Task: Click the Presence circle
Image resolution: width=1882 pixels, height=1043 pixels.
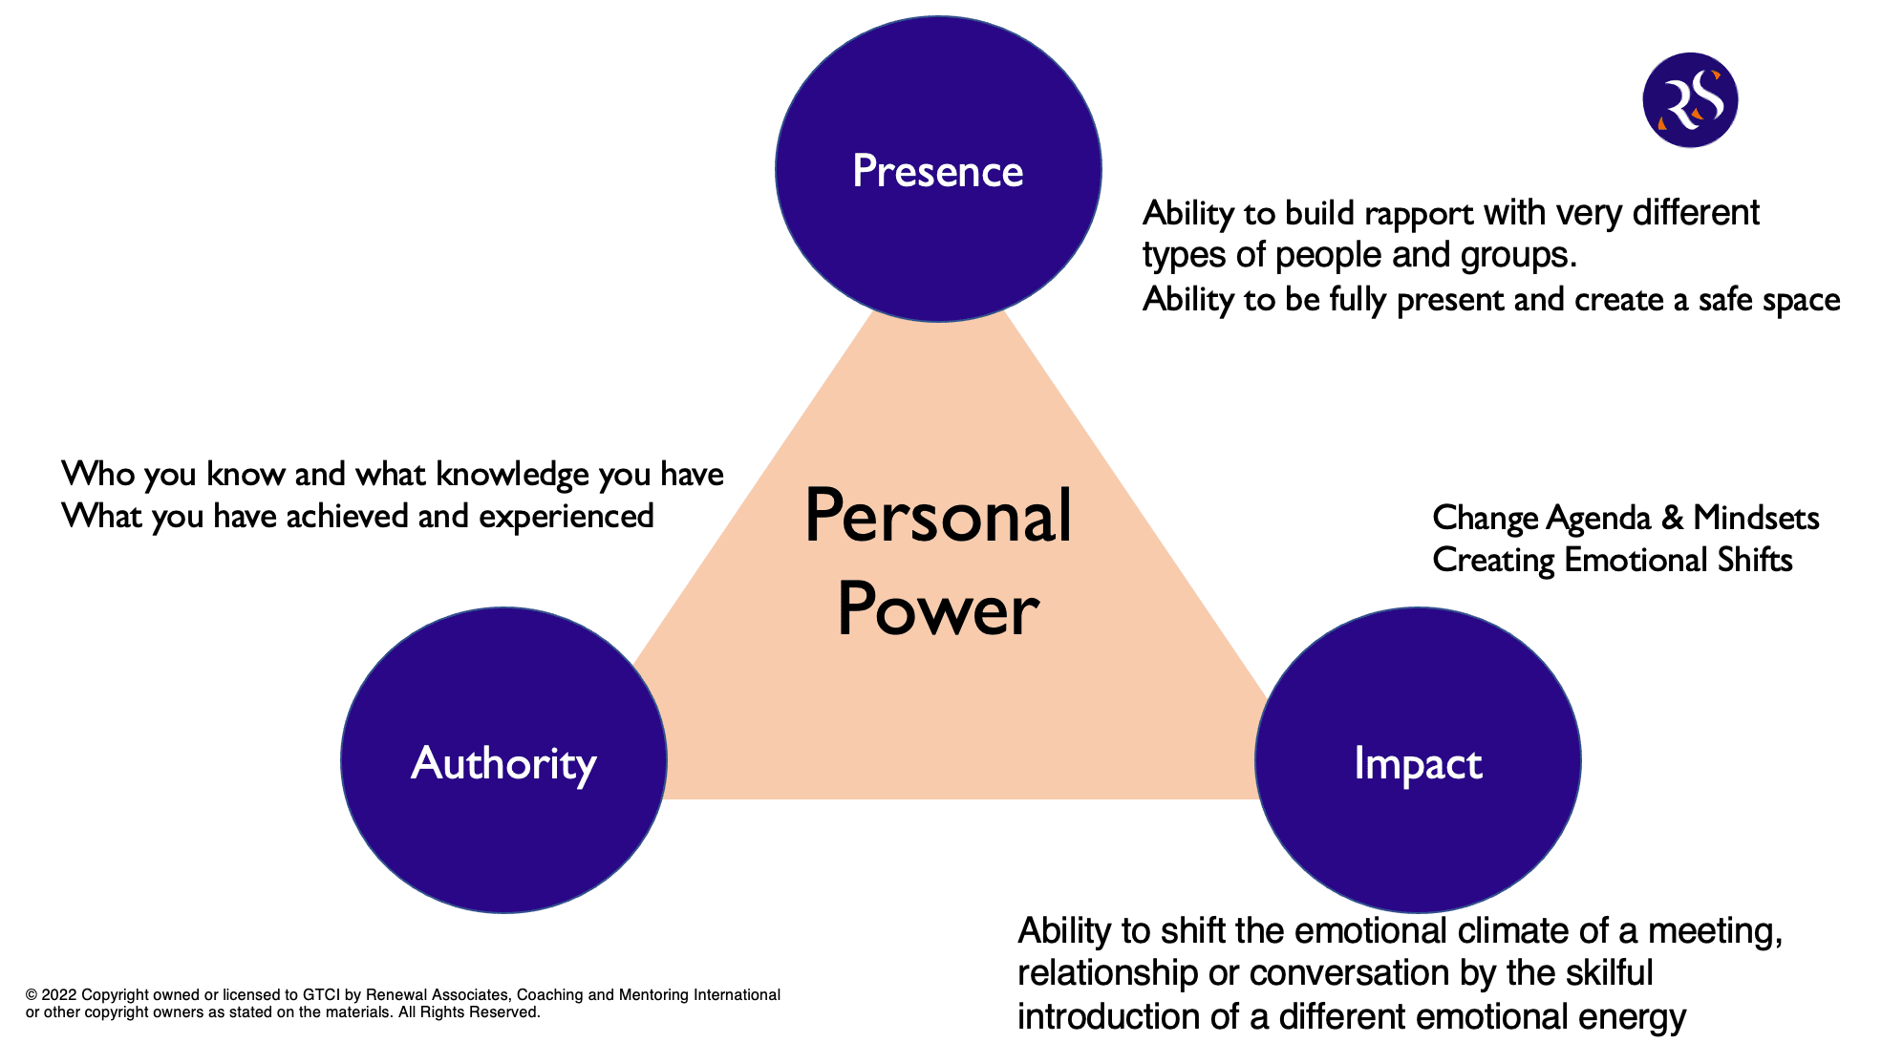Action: point(938,169)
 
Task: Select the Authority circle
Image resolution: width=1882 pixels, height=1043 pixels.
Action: point(503,760)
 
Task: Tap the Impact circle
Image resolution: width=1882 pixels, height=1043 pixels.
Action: point(1418,760)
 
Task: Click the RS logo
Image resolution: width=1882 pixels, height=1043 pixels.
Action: point(1690,100)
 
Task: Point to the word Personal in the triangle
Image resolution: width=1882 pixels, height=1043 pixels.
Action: point(938,517)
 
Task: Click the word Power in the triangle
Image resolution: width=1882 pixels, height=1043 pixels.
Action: point(938,610)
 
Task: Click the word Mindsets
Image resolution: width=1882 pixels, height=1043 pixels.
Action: point(1756,518)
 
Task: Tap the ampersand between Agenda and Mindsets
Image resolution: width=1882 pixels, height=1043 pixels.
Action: point(1672,518)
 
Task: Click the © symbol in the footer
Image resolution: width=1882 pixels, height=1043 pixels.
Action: point(32,995)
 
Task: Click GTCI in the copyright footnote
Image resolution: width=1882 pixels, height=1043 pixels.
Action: point(321,995)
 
